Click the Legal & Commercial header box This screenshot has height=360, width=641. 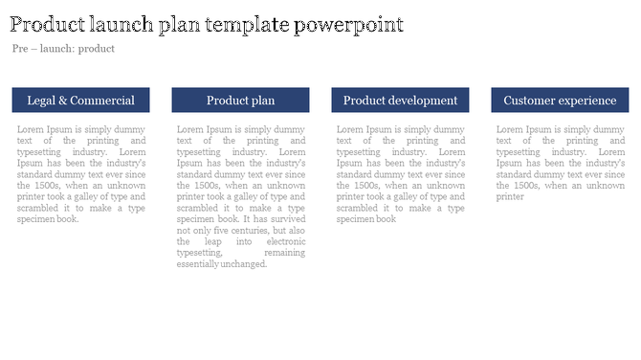click(80, 101)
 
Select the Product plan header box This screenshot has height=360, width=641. click(240, 101)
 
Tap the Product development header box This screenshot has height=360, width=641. click(400, 101)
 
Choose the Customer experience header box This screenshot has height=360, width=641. click(560, 101)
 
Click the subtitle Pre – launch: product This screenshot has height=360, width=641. click(64, 49)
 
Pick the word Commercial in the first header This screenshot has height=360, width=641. click(102, 101)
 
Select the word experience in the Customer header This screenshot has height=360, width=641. click(587, 101)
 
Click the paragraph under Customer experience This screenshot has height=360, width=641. click(560, 163)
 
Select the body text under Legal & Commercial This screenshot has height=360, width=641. click(80, 173)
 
